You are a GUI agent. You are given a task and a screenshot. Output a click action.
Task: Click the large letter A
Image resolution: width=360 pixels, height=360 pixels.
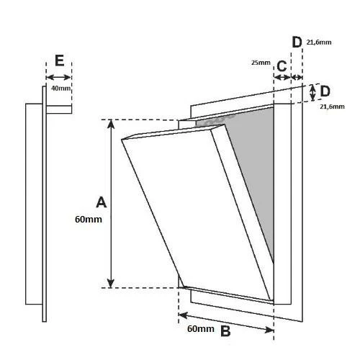pyautogui.click(x=101, y=202)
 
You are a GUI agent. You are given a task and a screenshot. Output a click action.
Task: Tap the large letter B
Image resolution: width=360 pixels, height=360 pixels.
pyautogui.click(x=225, y=331)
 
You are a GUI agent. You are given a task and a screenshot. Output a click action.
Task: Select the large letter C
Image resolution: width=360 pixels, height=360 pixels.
pyautogui.click(x=282, y=66)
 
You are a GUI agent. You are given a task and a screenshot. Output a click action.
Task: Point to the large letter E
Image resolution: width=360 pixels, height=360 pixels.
pyautogui.click(x=60, y=60)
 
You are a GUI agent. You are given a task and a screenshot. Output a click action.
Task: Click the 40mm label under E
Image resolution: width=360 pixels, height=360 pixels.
pyautogui.click(x=60, y=89)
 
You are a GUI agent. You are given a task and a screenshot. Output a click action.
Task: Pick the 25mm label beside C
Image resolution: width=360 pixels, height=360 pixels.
pyautogui.click(x=261, y=63)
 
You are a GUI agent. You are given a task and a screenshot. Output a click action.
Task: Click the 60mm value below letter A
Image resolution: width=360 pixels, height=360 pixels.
pyautogui.click(x=89, y=220)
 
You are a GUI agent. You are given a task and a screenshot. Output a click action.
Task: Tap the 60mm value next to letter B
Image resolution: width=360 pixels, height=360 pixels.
pyautogui.click(x=201, y=329)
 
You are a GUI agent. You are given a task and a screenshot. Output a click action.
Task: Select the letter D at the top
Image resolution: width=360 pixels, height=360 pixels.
pyautogui.click(x=297, y=42)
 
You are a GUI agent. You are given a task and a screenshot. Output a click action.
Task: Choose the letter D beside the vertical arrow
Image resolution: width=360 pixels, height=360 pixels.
pyautogui.click(x=325, y=91)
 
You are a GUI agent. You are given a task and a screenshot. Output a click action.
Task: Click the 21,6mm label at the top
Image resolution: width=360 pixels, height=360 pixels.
pyautogui.click(x=319, y=42)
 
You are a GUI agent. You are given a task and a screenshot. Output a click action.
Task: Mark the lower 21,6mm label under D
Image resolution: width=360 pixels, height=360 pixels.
pyautogui.click(x=332, y=107)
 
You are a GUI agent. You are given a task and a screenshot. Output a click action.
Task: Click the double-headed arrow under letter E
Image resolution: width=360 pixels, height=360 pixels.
pyautogui.click(x=58, y=77)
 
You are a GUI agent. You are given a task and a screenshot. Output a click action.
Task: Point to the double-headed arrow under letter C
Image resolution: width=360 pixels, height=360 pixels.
pyautogui.click(x=282, y=77)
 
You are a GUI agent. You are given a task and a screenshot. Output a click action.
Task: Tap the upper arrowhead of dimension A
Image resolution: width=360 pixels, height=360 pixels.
pyautogui.click(x=111, y=124)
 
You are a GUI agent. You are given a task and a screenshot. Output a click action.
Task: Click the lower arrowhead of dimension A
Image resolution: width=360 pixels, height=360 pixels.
pyautogui.click(x=111, y=283)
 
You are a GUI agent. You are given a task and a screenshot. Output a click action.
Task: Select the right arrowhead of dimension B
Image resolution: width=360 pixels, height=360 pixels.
pyautogui.click(x=269, y=330)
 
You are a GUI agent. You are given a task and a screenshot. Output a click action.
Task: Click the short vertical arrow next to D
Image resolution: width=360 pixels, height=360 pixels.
pyautogui.click(x=312, y=93)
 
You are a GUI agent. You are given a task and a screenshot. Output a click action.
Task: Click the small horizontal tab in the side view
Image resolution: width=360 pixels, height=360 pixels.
pyautogui.click(x=59, y=109)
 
